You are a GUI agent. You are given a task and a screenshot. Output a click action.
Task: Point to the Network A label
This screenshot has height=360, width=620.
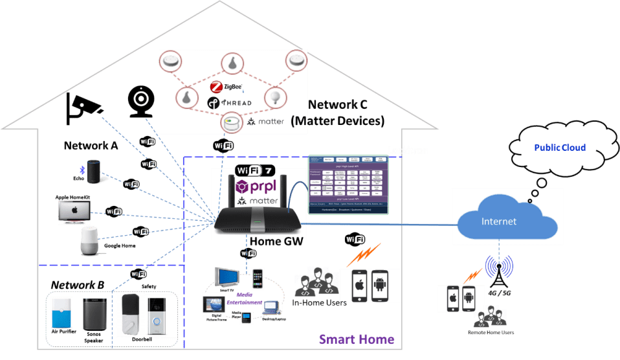tap(91, 146)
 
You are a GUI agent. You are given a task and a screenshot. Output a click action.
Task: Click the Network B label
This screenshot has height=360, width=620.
tap(78, 285)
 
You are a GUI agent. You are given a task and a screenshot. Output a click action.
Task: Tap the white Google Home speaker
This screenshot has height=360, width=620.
tap(91, 241)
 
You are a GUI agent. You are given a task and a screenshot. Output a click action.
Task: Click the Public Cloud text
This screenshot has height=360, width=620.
tap(560, 148)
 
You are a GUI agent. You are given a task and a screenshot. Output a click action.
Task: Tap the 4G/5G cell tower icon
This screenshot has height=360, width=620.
tap(498, 271)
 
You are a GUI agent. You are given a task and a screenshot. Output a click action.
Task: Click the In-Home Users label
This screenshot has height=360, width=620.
tap(319, 302)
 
